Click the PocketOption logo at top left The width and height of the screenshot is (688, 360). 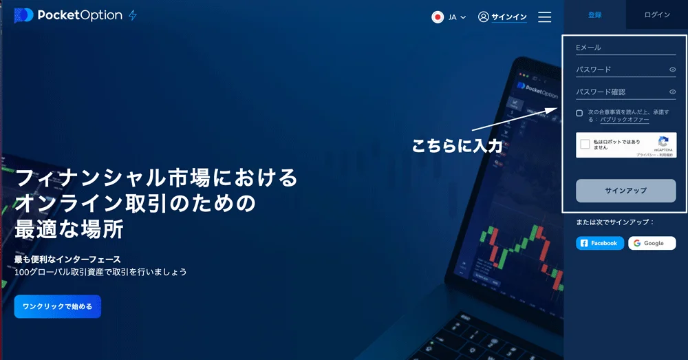click(68, 16)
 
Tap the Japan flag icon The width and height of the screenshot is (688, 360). click(438, 17)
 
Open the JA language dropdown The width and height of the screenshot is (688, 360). click(458, 17)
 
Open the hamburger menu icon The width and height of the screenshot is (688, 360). click(544, 17)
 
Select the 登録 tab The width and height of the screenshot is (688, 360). click(594, 14)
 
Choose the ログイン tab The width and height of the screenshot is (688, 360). click(656, 14)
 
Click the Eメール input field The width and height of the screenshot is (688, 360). click(625, 47)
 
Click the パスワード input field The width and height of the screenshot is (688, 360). click(619, 70)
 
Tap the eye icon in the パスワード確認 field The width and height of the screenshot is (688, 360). click(672, 92)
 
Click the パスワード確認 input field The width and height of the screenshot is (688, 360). click(619, 92)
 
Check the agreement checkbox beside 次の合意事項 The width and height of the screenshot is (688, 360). click(579, 113)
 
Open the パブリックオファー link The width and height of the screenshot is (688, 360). click(624, 120)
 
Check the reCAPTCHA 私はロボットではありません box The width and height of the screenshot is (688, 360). click(585, 145)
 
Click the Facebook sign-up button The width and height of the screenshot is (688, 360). click(600, 243)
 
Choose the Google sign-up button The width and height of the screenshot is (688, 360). click(652, 243)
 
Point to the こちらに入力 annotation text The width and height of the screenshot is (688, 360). click(457, 146)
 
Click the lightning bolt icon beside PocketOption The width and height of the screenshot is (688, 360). click(133, 16)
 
